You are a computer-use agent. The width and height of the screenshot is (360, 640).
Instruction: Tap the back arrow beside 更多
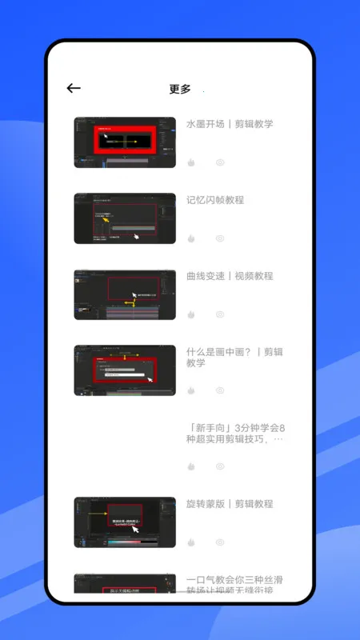(x=74, y=89)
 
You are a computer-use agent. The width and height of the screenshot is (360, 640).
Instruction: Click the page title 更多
(x=180, y=89)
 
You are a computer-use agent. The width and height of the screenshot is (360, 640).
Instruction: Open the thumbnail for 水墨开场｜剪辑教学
(x=125, y=142)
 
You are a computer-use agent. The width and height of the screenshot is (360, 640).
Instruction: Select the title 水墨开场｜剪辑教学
(x=230, y=124)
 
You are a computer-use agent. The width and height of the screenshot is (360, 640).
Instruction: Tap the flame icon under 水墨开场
(x=191, y=162)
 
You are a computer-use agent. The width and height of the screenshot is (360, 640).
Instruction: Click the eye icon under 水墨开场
(x=220, y=162)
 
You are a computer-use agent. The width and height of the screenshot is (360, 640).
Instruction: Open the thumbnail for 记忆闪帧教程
(x=125, y=218)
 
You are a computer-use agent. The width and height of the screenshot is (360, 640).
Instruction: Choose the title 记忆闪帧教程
(x=215, y=200)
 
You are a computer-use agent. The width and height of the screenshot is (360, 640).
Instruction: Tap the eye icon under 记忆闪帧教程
(x=220, y=238)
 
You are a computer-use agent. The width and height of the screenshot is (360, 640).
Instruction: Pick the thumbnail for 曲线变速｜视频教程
(x=125, y=294)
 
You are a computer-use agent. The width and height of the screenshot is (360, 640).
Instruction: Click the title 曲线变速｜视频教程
(x=230, y=276)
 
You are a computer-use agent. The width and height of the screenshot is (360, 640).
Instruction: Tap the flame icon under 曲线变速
(x=191, y=314)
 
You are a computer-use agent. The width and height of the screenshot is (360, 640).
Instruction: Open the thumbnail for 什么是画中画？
(x=125, y=370)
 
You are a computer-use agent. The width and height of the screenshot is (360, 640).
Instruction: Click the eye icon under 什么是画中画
(x=220, y=390)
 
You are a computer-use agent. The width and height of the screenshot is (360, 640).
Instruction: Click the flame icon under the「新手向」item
(x=191, y=466)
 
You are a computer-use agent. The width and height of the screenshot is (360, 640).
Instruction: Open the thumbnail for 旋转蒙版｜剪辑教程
(x=125, y=522)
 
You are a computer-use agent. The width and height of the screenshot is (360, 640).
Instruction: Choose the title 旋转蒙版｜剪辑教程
(x=230, y=504)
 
